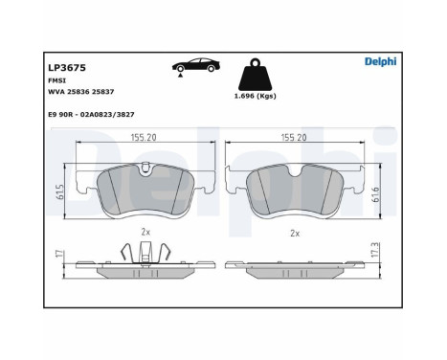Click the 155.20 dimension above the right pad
click(x=293, y=138)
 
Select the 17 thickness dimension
click(x=59, y=256)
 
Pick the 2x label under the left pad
click(x=145, y=232)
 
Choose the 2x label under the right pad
click(x=296, y=233)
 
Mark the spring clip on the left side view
click(x=145, y=251)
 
